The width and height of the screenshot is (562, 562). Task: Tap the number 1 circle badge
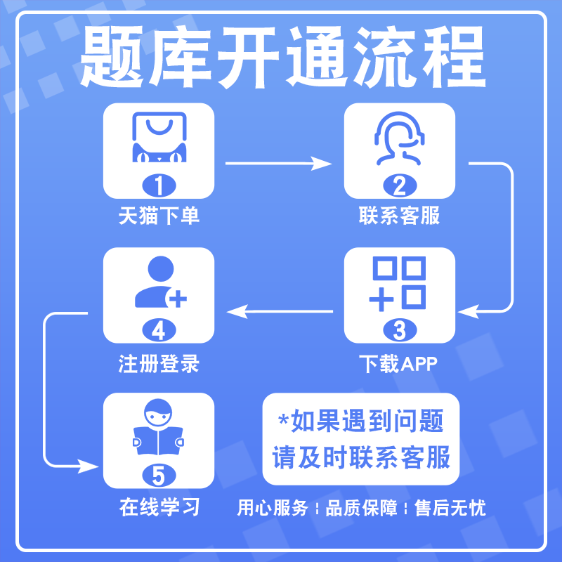coord(159,185)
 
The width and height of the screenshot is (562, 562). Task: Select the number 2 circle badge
coord(399,185)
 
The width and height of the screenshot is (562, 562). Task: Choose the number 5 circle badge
coord(159,476)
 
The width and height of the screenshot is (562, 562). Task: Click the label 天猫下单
coord(159,215)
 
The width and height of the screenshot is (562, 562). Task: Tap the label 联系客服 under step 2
coord(399,215)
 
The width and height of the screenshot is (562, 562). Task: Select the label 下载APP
coord(399,364)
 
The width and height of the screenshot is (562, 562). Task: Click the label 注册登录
coord(159,364)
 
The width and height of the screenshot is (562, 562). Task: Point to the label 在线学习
coord(159,507)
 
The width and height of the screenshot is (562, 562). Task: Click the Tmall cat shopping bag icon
coord(159,138)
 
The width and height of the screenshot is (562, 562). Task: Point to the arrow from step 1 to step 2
coord(279,164)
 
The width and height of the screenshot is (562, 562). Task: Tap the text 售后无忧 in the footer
coord(450,508)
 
